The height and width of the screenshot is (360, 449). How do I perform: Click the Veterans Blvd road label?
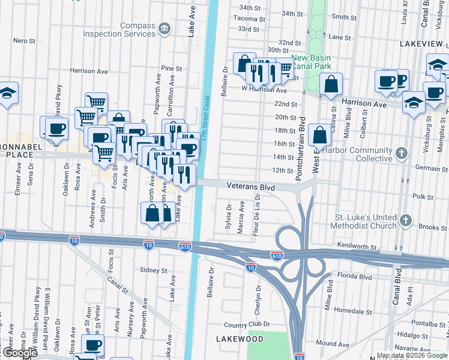point(250,187)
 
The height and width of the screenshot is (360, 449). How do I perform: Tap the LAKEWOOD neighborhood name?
point(240,339)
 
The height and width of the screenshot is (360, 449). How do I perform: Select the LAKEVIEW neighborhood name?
point(422,45)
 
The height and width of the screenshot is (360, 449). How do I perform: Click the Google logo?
point(20,353)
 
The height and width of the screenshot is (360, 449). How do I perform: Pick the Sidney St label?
point(153,271)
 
